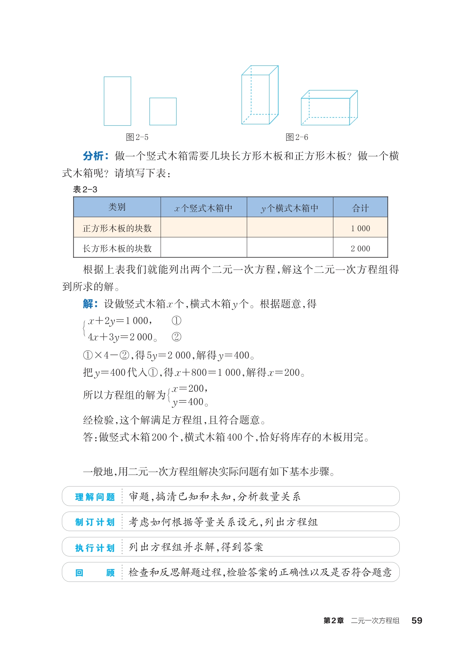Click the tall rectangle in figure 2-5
117,101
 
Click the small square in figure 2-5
163,111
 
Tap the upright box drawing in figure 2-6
260,95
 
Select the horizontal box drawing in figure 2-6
329,108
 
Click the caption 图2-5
137,137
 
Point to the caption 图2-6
297,137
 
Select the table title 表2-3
85,189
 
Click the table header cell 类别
117,207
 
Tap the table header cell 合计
360,208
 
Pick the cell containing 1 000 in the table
360,228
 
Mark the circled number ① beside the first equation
176,321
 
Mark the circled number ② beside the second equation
176,337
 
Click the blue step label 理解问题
95,497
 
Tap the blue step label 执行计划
95,548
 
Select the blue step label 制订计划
95,522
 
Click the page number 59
416,621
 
